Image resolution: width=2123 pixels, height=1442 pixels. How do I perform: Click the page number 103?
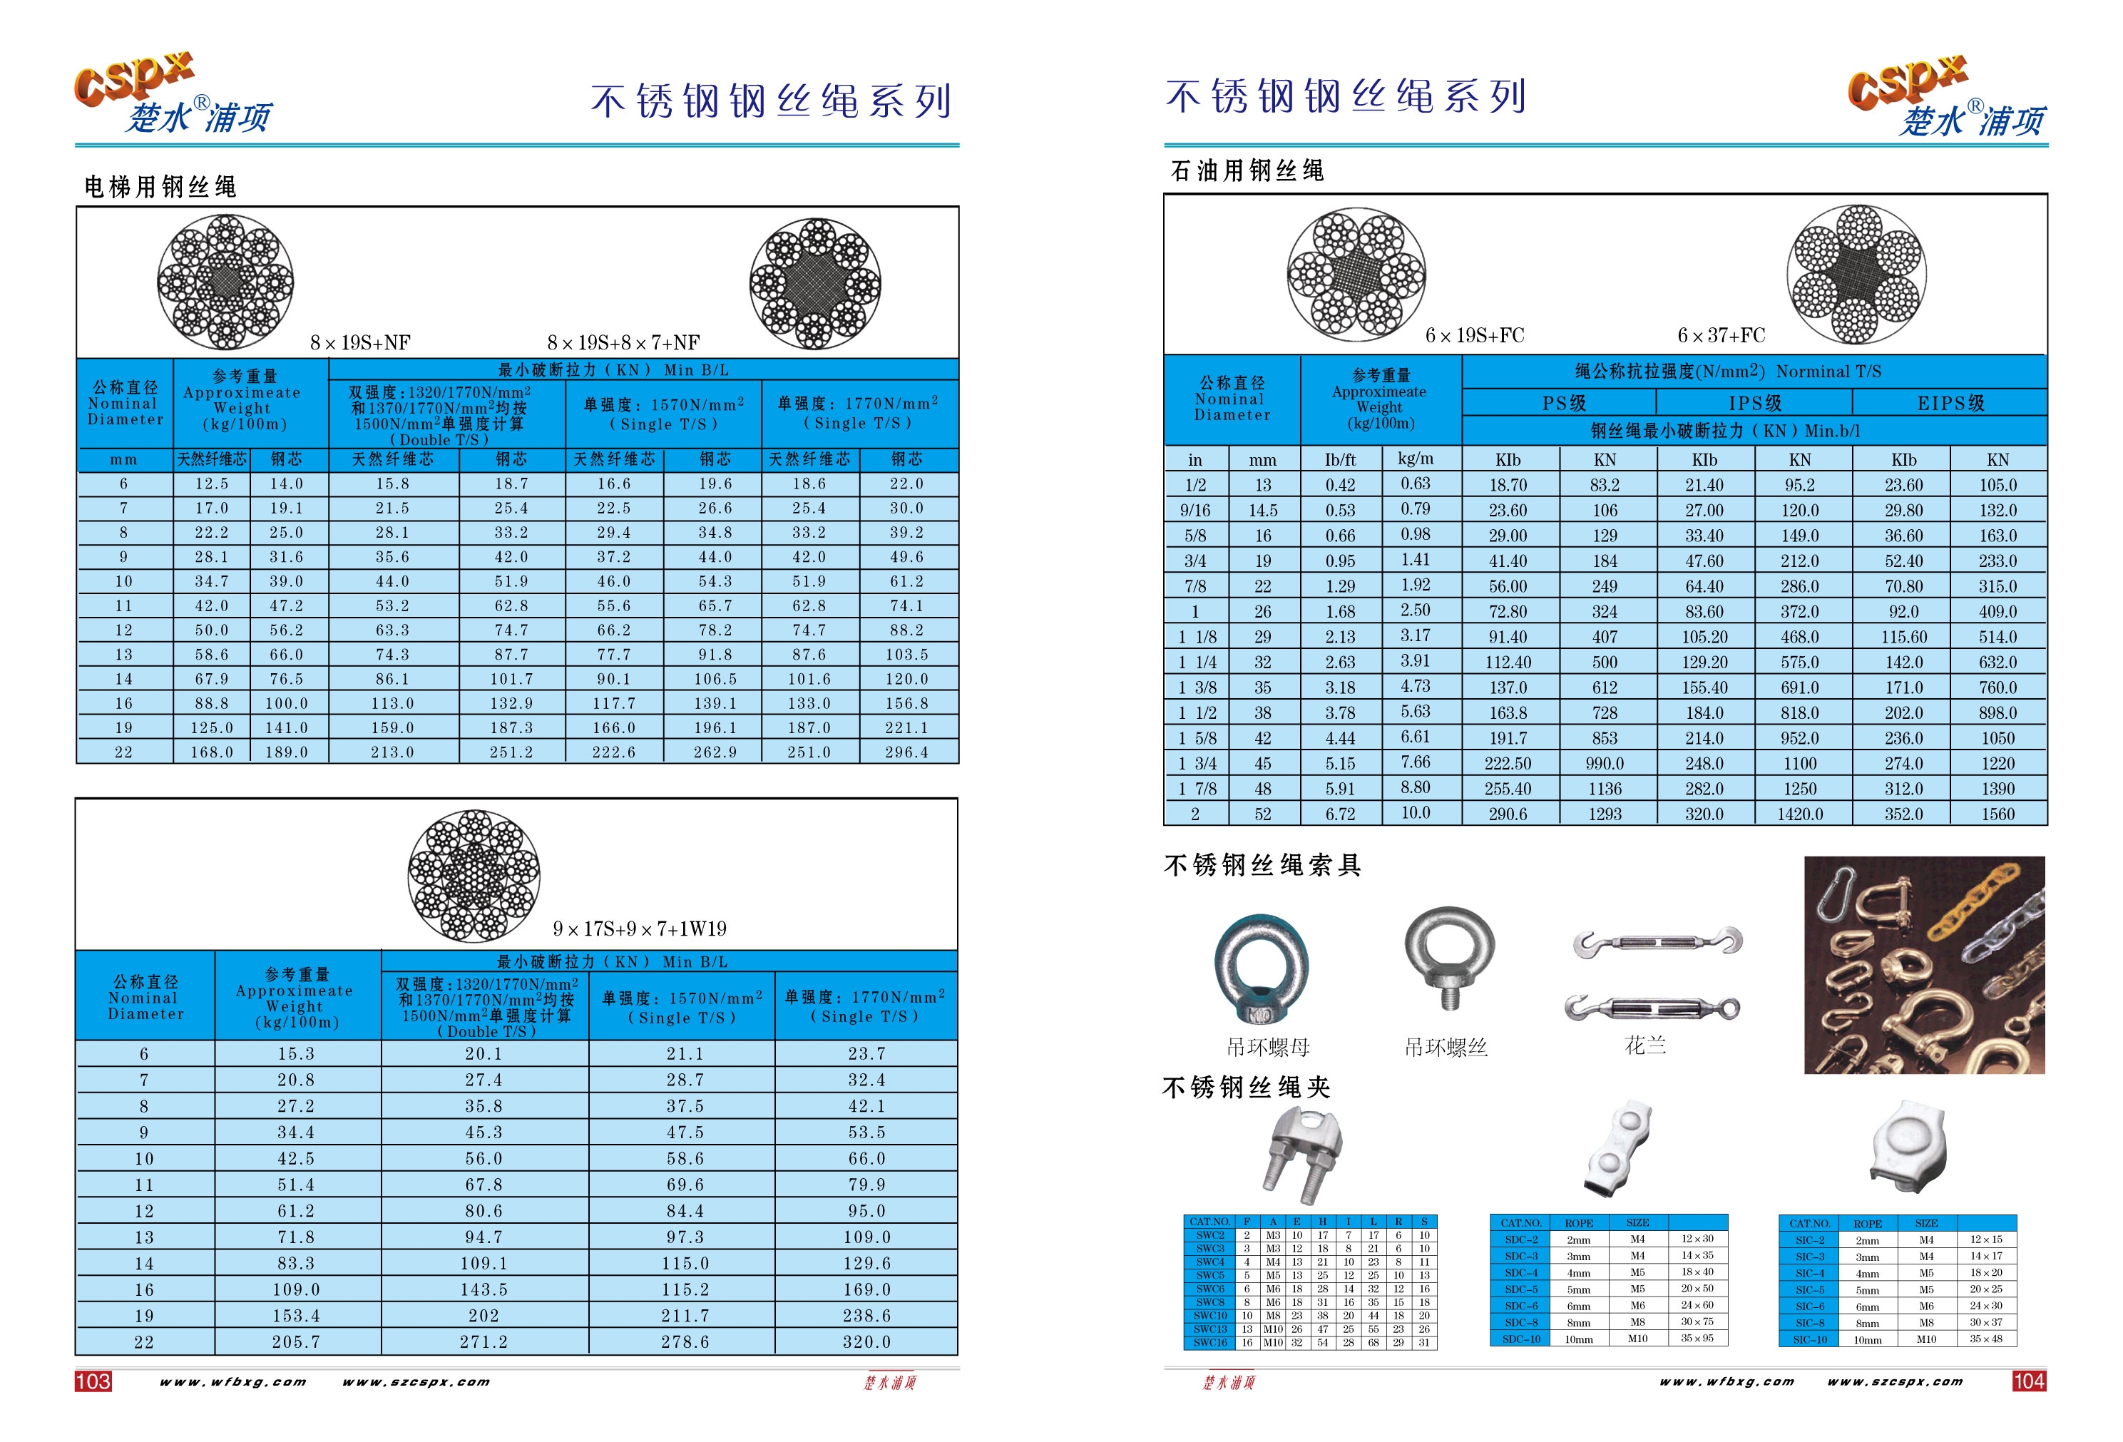pos(92,1381)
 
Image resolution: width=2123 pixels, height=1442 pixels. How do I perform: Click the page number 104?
pos(2028,1381)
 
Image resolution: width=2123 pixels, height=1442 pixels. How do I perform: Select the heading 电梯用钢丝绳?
pos(160,188)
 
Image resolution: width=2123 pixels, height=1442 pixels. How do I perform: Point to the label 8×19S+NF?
pos(360,343)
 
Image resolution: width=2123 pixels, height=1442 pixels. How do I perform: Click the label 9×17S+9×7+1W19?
pos(640,929)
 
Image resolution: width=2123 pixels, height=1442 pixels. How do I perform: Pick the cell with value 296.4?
pos(906,752)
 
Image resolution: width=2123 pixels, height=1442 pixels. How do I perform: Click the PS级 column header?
pos(1563,403)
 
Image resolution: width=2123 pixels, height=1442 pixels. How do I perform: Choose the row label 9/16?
pos(1195,511)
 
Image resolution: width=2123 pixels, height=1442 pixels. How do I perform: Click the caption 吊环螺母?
pos(1268,1047)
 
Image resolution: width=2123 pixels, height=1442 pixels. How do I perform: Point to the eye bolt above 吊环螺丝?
pos(1449,955)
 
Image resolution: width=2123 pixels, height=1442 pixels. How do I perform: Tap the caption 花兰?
pos(1645,1045)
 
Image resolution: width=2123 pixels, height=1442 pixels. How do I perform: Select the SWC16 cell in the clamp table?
pos(1209,1342)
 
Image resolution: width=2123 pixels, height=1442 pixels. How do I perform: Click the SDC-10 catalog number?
pos(1521,1339)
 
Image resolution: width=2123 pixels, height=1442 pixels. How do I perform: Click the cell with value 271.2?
pos(484,1342)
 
